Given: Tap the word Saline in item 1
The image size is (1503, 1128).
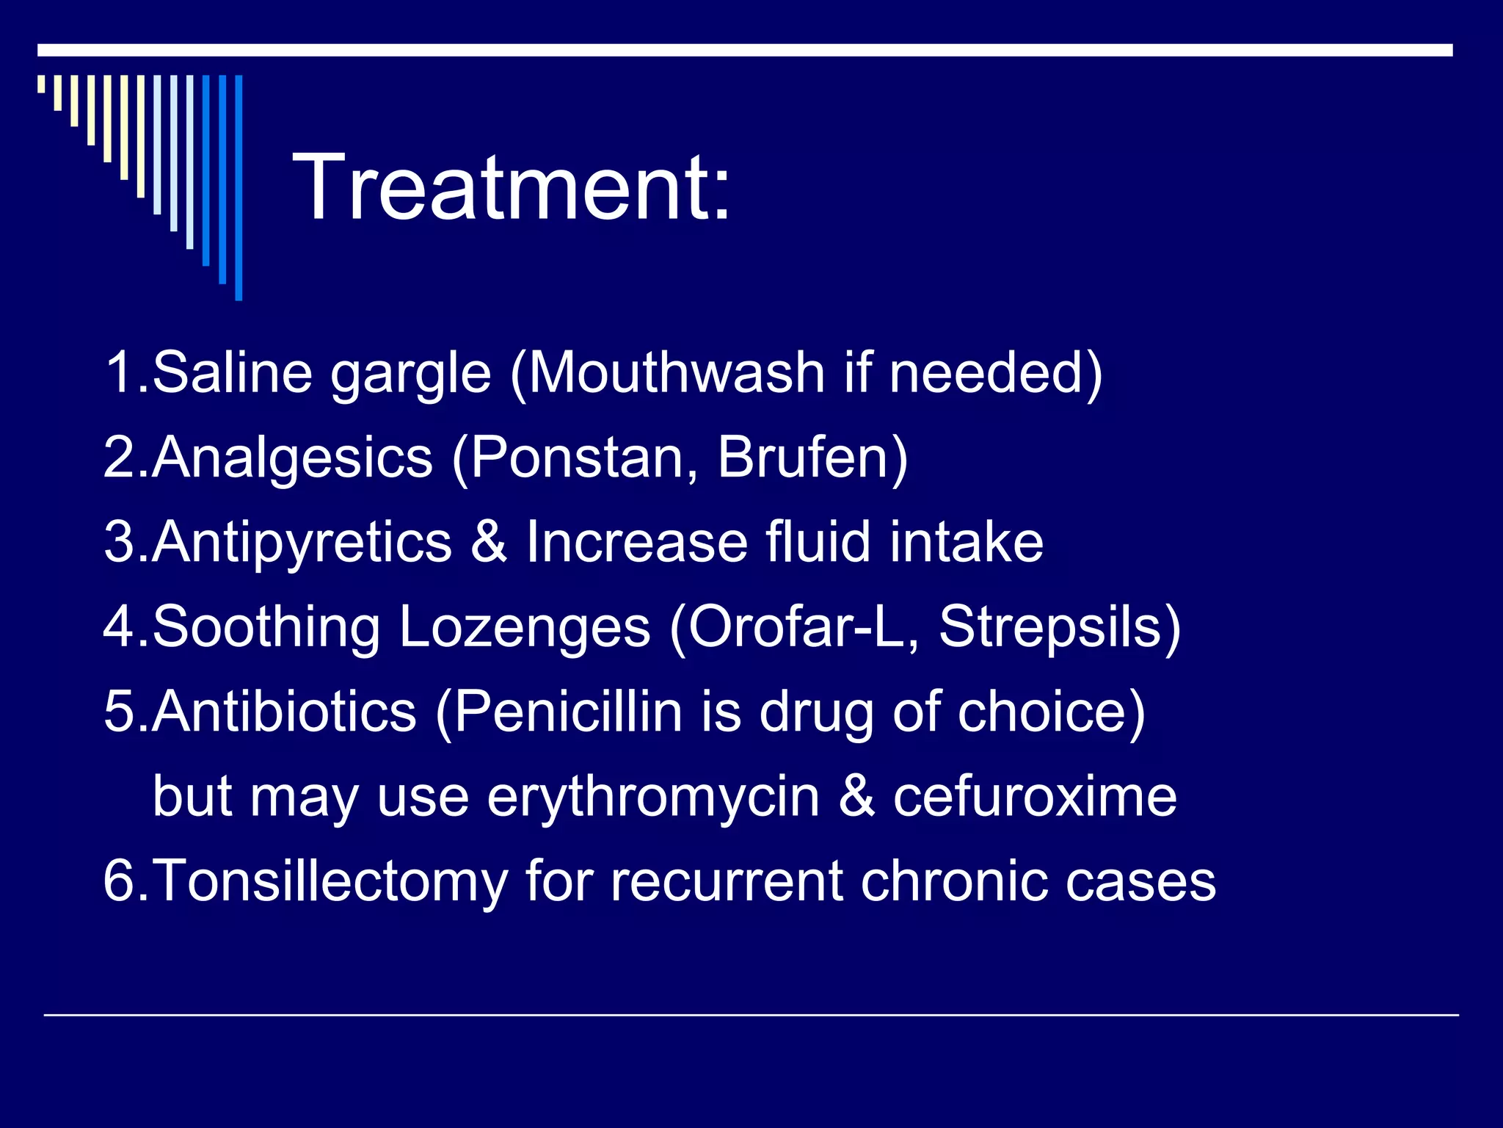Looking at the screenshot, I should pos(232,372).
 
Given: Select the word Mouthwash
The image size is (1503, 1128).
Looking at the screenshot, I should pos(675,372).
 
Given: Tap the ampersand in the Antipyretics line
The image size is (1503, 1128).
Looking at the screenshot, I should pos(489,542).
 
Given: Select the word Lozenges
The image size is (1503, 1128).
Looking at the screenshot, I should pos(525,628).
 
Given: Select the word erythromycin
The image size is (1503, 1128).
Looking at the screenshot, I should pos(653,798).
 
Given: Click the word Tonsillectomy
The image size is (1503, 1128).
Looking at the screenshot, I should pos(330,881).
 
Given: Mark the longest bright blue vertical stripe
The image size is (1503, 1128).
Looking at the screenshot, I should pos(239,187).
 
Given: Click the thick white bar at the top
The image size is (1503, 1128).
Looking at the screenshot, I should pos(745,50).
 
